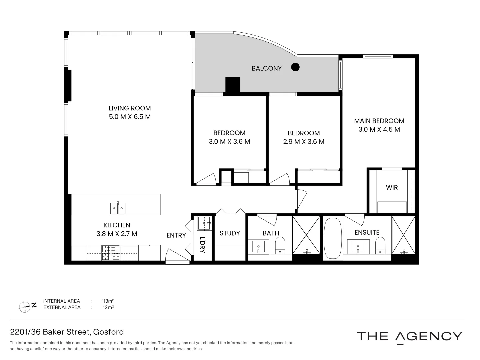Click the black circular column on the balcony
click(295, 67)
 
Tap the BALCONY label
click(266, 68)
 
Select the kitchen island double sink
click(118, 208)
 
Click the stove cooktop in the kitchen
click(111, 253)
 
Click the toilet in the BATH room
click(280, 246)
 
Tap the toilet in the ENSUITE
click(380, 246)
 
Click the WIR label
click(392, 187)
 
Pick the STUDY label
click(230, 233)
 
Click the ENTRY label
click(176, 235)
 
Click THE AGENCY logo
click(409, 336)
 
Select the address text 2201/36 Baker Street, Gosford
click(67, 332)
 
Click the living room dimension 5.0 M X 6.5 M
click(130, 117)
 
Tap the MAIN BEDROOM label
click(379, 121)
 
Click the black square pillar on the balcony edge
click(233, 85)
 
